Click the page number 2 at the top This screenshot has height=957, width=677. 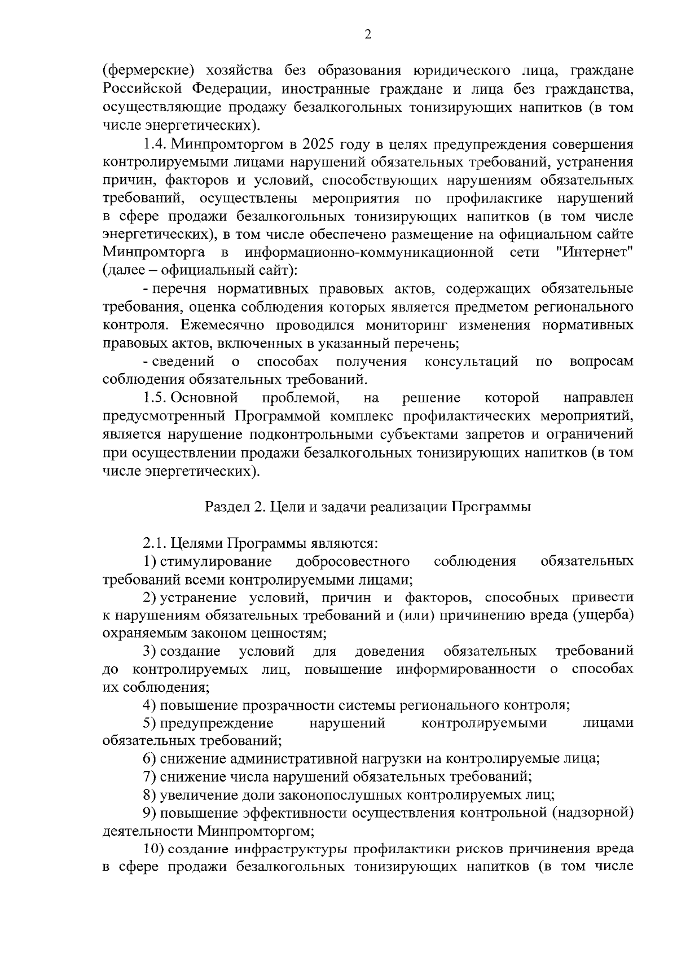(x=367, y=35)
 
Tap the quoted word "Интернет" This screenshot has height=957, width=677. (x=594, y=252)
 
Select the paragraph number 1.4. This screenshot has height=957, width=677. (x=155, y=144)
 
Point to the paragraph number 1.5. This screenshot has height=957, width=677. (x=155, y=398)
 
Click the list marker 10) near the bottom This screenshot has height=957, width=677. (x=153, y=849)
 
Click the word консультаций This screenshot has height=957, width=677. (x=471, y=361)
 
